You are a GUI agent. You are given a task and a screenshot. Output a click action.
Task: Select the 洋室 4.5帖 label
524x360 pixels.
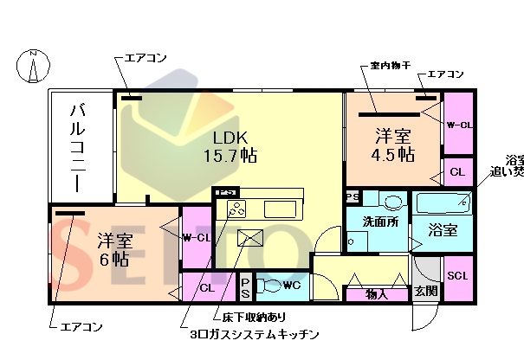coord(393,145)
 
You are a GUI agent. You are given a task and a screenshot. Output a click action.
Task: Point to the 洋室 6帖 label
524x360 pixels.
coord(113,248)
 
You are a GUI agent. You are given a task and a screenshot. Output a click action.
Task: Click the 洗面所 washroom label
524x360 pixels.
coord(382,222)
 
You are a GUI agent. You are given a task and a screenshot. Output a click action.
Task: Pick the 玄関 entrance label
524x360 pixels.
coord(425,292)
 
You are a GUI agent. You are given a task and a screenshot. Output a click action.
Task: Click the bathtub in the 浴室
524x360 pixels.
coord(443,203)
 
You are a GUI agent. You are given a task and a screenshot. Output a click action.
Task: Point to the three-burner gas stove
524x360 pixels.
coord(236,209)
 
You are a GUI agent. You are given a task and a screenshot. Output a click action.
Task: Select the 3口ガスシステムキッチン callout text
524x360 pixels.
coord(255,334)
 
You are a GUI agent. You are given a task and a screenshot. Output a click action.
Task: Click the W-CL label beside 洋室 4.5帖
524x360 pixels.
coord(459,125)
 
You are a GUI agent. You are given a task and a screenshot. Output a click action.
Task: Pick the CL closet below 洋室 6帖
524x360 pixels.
coord(207,287)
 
